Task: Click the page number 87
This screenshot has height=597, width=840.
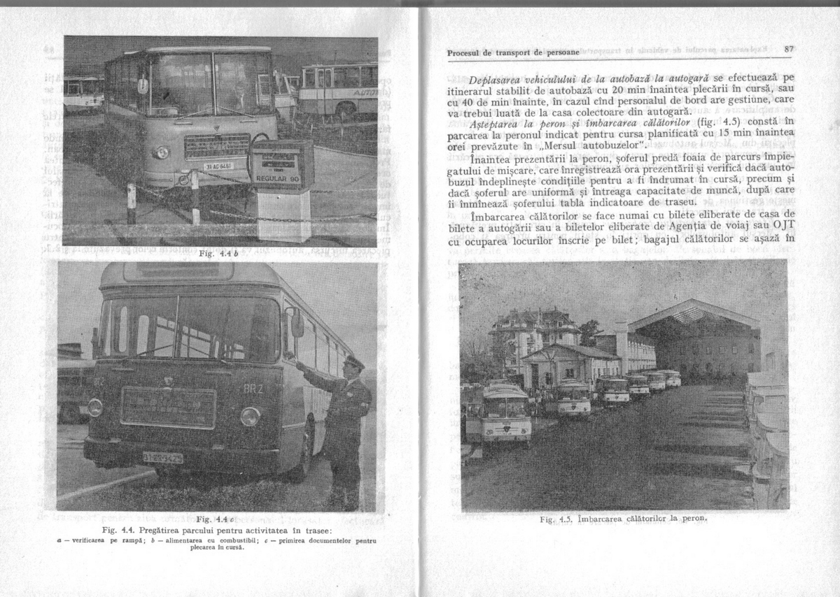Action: click(788, 50)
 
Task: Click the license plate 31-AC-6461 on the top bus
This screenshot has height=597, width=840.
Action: click(220, 167)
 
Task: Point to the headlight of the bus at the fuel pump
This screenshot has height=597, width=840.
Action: click(162, 152)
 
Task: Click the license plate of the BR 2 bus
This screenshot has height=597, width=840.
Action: click(163, 458)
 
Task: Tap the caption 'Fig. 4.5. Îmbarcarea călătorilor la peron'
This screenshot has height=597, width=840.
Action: click(619, 519)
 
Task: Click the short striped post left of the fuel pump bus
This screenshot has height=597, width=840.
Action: click(132, 203)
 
